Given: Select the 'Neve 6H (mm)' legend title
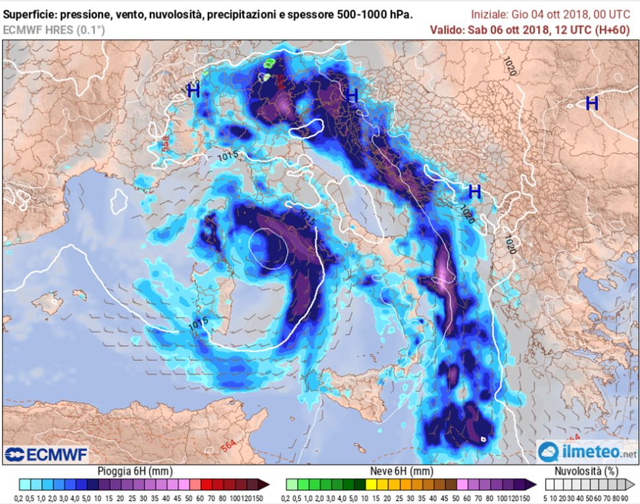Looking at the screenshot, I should (402, 471).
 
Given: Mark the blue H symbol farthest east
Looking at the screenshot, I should (592, 103).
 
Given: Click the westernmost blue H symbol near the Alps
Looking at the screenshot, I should (193, 91).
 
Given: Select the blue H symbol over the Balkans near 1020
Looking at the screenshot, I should (474, 192).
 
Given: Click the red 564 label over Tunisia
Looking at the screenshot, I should (228, 447).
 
